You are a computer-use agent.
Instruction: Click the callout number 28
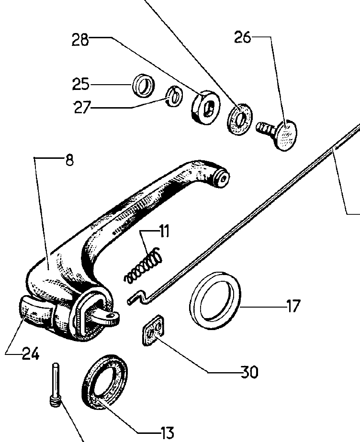(x=80, y=40)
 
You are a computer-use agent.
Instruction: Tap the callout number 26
(x=243, y=37)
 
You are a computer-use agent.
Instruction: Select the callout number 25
(x=80, y=85)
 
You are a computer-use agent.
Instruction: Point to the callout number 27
(x=82, y=107)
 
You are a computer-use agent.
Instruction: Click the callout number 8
(x=69, y=160)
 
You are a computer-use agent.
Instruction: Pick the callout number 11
(x=164, y=233)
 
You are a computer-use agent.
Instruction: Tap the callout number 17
(x=293, y=305)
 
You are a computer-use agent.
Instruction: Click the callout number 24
(x=30, y=354)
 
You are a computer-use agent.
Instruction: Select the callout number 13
(x=167, y=432)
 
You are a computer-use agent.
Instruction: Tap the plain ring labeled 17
(x=215, y=300)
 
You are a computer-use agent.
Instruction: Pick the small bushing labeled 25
(x=143, y=86)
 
